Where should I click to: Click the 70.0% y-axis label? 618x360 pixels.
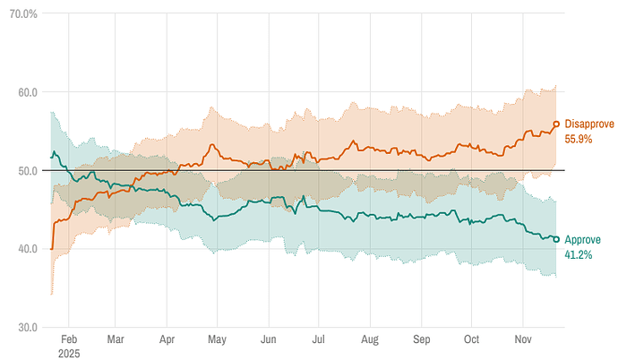click(x=22, y=14)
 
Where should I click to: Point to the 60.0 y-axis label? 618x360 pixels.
click(x=25, y=92)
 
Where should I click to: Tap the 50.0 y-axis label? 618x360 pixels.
click(x=25, y=170)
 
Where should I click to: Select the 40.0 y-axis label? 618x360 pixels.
click(x=25, y=249)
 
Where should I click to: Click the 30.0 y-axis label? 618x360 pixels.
click(x=25, y=327)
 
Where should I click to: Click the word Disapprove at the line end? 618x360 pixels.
click(x=589, y=124)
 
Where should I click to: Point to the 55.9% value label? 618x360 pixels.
click(x=578, y=139)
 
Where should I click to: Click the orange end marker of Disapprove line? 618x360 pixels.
click(x=556, y=124)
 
